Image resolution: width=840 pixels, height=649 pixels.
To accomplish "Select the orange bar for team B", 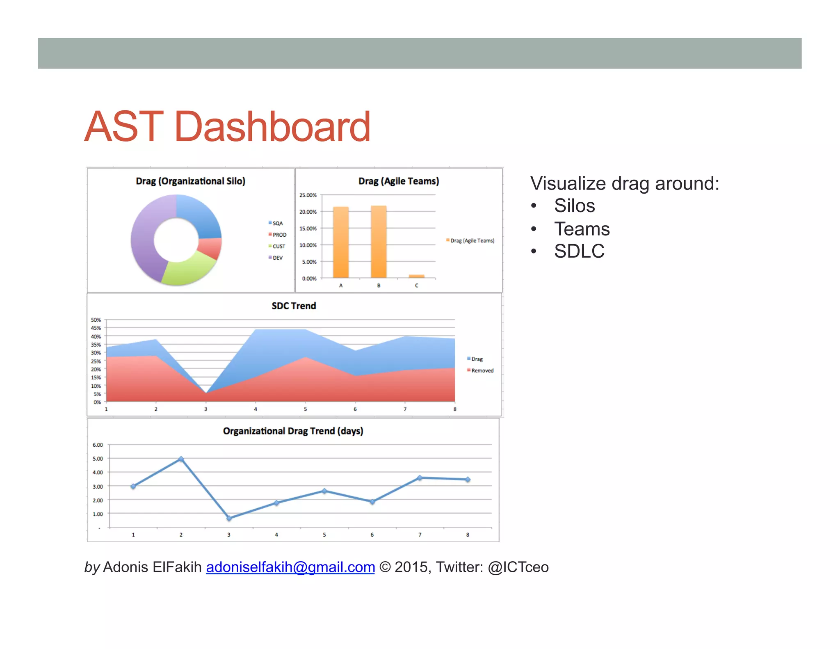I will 378,242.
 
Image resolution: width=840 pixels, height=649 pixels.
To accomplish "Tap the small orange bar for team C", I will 416,276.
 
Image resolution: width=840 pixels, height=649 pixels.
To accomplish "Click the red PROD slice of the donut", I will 210,248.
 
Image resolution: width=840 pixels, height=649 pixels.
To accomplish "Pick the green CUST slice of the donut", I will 188,268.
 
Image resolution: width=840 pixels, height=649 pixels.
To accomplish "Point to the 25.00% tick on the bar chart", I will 308,195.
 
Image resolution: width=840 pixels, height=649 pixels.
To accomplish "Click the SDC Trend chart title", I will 294,306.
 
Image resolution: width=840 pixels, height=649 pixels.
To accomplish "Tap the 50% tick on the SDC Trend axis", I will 96,320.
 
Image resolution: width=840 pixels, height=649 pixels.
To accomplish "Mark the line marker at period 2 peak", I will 181,459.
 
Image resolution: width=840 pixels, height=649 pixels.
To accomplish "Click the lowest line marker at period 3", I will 229,518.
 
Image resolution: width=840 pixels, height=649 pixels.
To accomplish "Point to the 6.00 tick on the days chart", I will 98,445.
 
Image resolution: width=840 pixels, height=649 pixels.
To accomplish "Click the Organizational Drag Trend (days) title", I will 293,431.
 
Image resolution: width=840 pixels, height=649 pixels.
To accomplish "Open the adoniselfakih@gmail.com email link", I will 290,567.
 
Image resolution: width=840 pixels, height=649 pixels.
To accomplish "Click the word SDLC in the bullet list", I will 579,251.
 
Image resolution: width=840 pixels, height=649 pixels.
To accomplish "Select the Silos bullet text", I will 574,206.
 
